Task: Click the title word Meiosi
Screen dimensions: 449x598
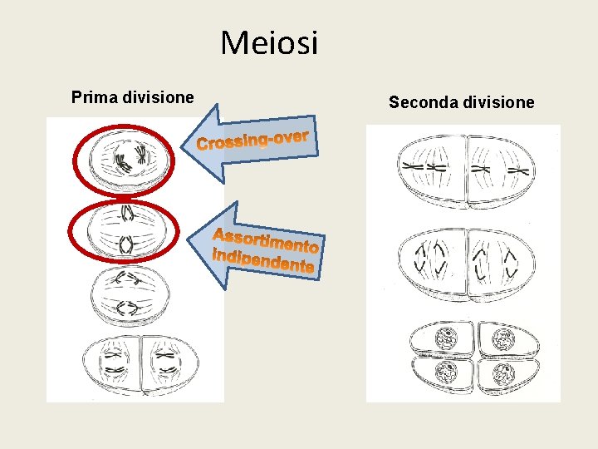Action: coord(269,43)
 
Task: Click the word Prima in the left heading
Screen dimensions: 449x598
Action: coord(94,97)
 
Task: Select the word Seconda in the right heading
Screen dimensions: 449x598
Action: coord(419,103)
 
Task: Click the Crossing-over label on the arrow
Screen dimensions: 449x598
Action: coord(252,141)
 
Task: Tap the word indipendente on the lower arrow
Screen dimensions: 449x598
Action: coord(262,260)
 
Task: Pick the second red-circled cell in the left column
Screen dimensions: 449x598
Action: coord(123,232)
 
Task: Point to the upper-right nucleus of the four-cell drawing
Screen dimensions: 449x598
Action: coord(502,339)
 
